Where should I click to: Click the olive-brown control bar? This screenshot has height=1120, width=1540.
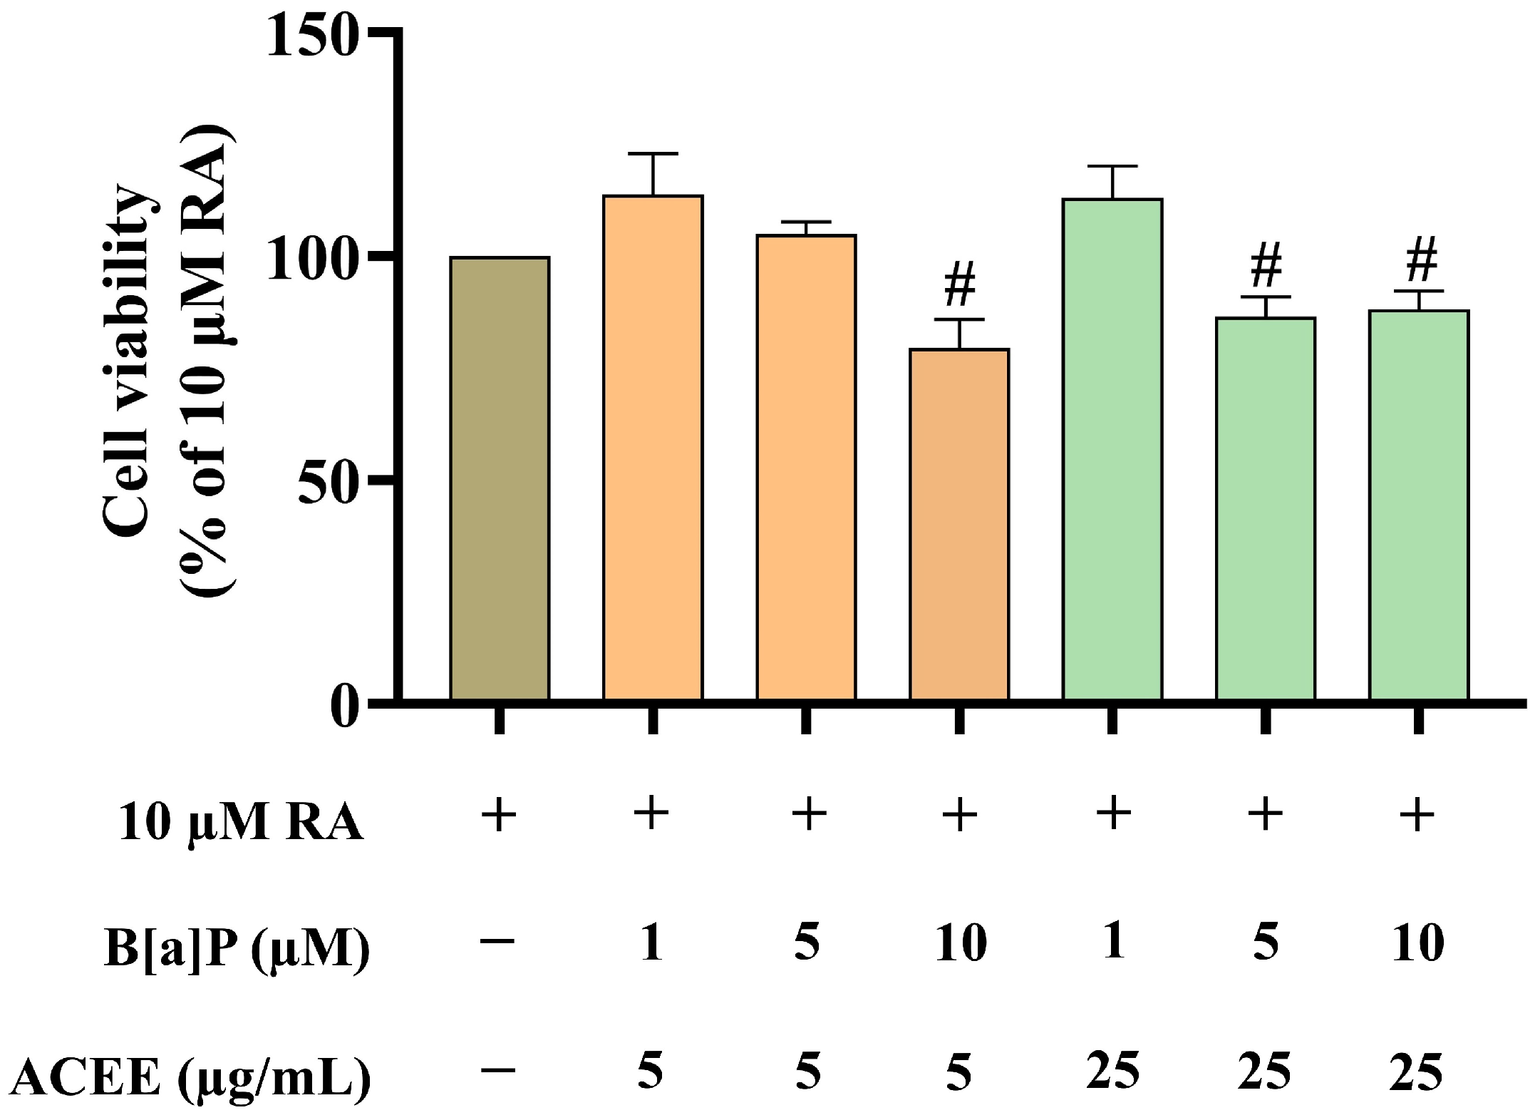500,478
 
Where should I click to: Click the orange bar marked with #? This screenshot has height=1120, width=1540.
959,524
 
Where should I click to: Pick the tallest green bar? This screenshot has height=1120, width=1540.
1112,449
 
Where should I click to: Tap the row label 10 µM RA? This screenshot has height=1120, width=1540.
241,824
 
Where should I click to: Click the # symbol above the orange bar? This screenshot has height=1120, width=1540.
959,285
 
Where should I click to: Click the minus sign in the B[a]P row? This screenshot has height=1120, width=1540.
498,941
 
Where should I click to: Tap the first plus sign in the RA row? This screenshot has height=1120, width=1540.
499,815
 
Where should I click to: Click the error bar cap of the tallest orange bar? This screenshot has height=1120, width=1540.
653,153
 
